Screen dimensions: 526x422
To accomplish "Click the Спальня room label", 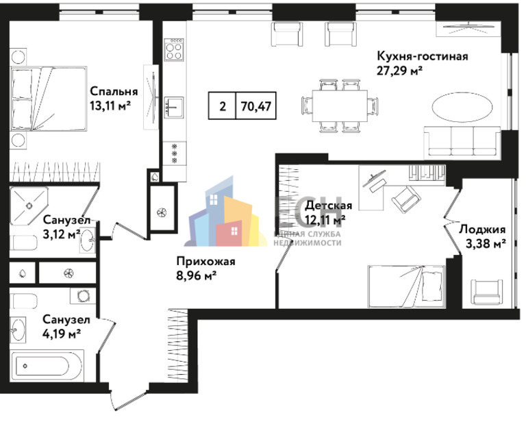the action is point(114,91).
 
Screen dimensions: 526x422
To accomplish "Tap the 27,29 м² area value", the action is point(399,71).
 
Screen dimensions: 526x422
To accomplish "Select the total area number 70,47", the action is point(256,106).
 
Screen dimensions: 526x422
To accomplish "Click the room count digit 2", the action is point(223,106).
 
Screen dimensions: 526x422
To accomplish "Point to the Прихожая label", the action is point(205,261).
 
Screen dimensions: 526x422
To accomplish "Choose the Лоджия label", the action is point(482,229).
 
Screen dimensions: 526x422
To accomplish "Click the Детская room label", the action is point(329,206).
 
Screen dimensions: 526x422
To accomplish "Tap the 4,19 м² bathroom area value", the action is point(62,334).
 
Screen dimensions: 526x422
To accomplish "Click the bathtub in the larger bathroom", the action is point(47,367).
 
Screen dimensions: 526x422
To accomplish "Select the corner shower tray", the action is point(28,205).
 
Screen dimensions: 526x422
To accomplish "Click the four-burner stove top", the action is point(174,49).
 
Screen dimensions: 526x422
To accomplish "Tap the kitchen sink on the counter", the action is point(174,108).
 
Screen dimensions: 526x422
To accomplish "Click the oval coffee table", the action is point(462,108).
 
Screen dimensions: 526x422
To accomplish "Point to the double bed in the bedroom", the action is point(49,98).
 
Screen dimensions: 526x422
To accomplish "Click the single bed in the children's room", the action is point(407,287).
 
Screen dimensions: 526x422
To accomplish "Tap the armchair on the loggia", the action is point(487,292).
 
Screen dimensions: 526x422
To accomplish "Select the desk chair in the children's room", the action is point(406,199).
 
